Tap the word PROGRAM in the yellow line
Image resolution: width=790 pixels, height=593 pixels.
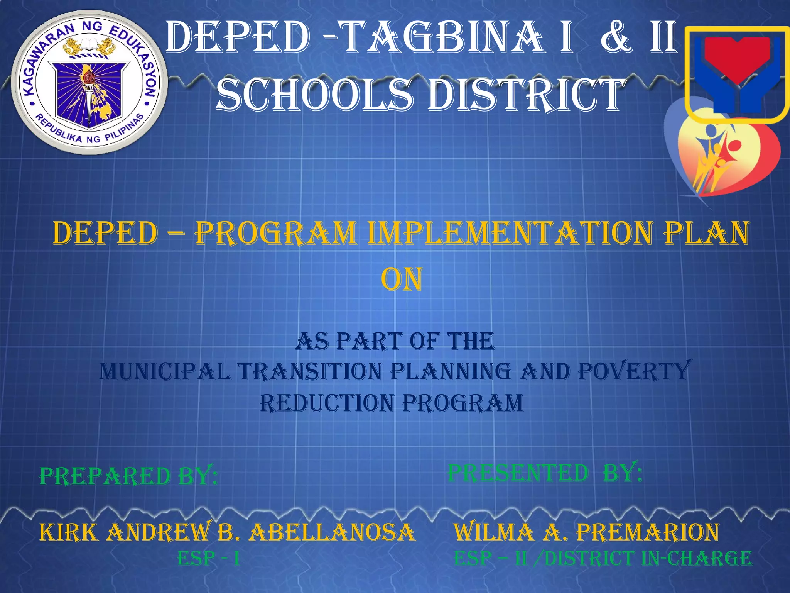(276, 234)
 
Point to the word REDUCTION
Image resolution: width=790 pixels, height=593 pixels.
(326, 403)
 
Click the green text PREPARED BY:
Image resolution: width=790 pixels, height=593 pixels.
(128, 476)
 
